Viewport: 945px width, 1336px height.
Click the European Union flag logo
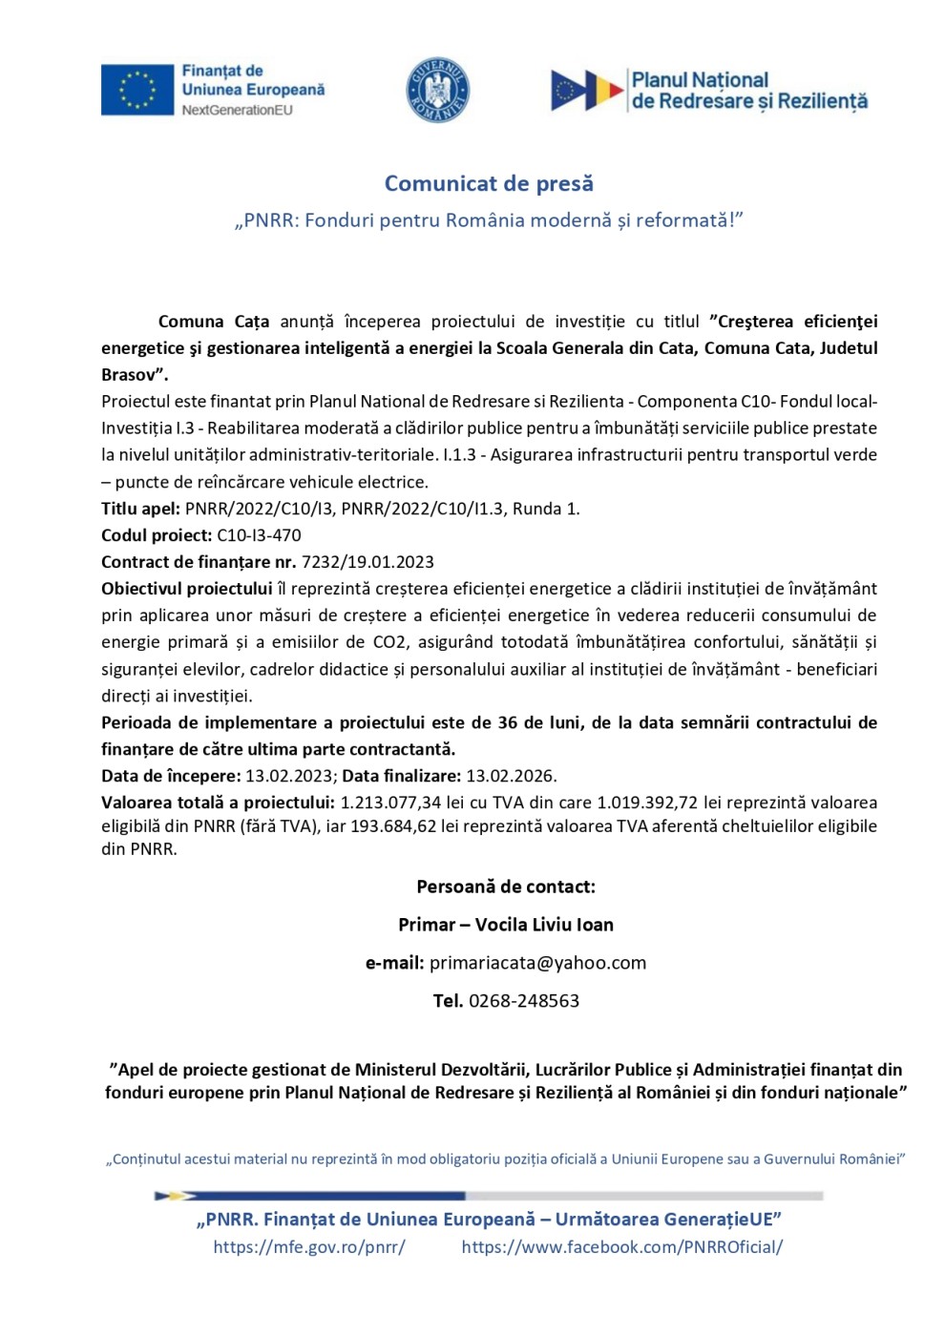136,90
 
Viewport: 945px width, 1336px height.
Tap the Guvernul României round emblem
437,90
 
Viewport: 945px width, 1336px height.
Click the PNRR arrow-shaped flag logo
587,90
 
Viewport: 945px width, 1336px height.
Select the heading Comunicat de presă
489,183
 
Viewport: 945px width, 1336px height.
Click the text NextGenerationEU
237,110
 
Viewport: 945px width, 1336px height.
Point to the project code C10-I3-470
259,535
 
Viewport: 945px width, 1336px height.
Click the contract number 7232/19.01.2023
367,562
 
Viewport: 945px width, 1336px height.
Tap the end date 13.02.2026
511,776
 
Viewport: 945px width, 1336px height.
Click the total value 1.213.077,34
391,803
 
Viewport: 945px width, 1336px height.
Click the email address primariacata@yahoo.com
537,963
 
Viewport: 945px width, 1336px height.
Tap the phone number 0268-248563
523,1001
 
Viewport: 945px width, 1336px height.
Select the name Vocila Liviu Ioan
544,925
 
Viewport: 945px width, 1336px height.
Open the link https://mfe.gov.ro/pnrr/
309,1246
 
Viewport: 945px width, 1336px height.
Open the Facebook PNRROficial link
621,1246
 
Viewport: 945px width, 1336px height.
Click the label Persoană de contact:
506,887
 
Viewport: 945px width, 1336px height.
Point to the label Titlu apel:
140,509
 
